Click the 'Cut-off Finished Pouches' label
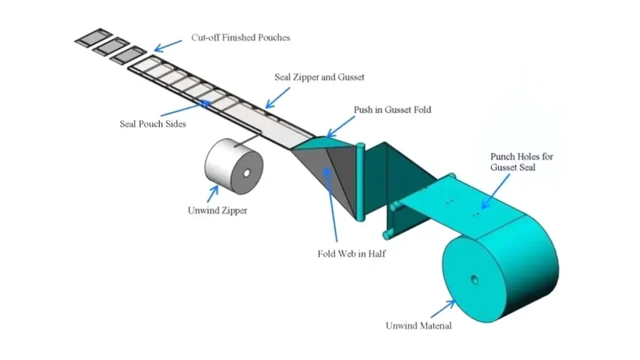(240, 37)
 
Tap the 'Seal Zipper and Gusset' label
(319, 77)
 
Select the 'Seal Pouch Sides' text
(152, 124)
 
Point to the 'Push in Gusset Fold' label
(392, 110)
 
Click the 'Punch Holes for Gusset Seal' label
(521, 162)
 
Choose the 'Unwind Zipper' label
(217, 211)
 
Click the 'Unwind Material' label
(418, 326)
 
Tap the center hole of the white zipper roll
(246, 172)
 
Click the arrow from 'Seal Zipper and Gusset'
(277, 96)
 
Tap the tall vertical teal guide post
(359, 181)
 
